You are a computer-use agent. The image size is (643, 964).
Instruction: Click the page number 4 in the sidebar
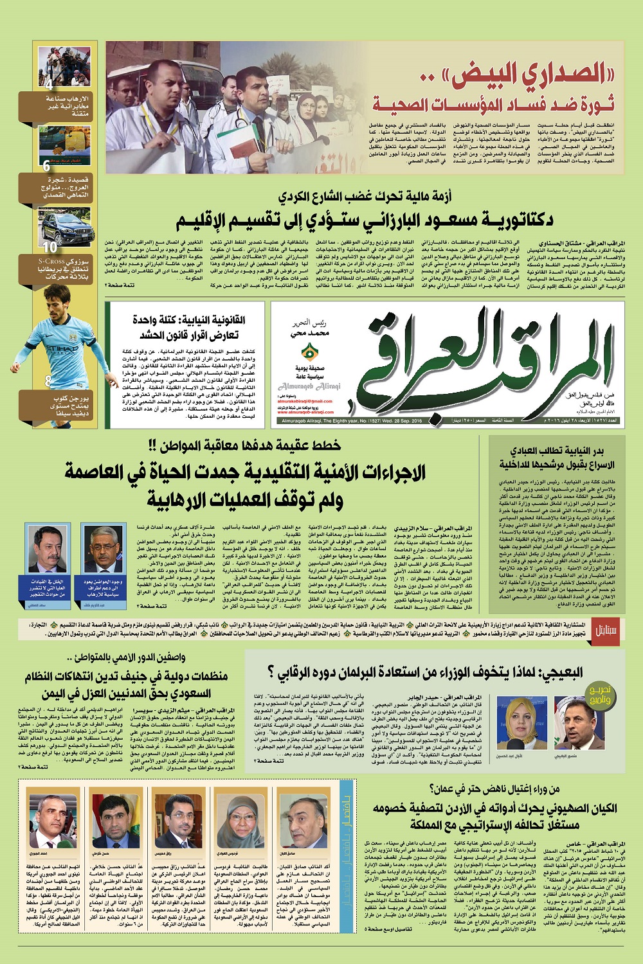pyautogui.click(x=49, y=85)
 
